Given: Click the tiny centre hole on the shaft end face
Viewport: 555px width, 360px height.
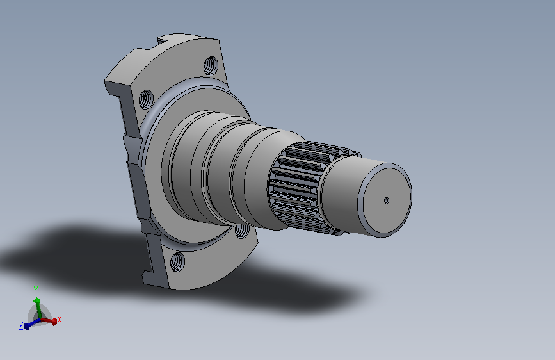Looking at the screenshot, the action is tap(387, 201).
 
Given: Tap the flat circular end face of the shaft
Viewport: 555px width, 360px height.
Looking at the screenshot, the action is tap(387, 200).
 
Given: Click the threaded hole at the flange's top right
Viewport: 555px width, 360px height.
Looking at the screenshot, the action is tap(211, 66).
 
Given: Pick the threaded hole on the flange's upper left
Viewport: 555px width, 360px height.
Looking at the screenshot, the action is tap(146, 99).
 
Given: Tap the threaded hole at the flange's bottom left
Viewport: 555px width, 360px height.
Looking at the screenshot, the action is tap(177, 262).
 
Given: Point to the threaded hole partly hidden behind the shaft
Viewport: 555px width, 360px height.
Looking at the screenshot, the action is tap(243, 231).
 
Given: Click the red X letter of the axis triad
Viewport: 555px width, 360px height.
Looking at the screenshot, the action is tap(60, 320).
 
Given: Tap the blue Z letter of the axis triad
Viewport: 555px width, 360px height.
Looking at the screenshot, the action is tap(21, 326).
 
